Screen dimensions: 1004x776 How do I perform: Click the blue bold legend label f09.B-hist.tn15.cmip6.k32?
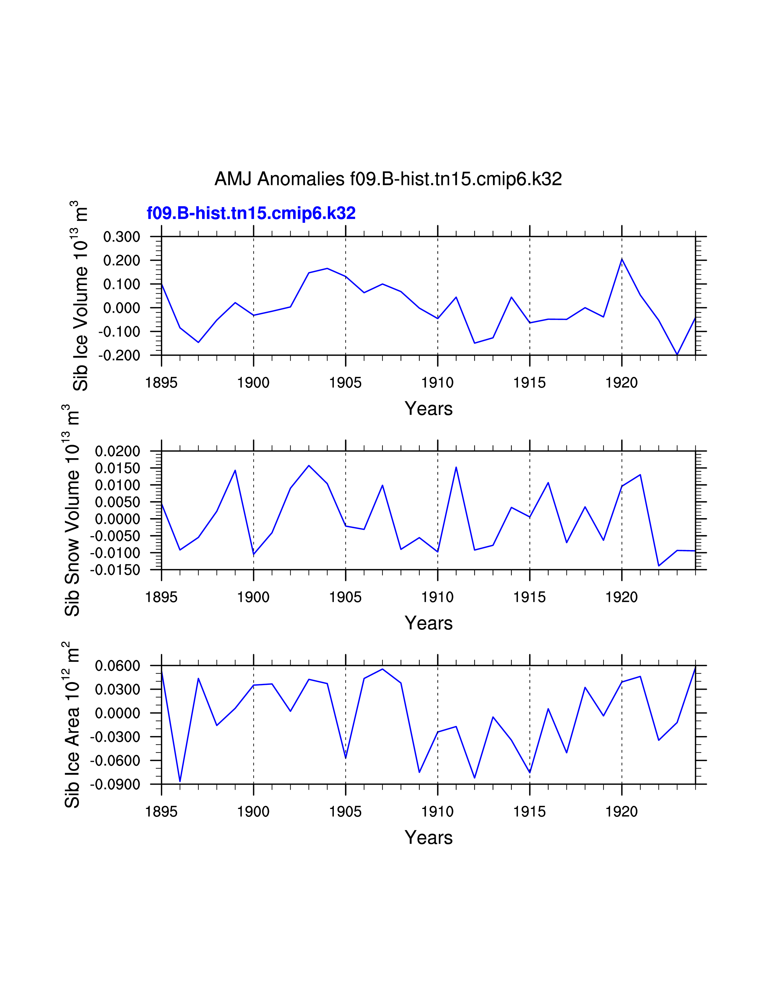point(251,213)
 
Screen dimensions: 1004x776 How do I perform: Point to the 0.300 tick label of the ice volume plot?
point(122,237)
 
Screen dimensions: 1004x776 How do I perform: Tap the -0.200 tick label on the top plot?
point(119,355)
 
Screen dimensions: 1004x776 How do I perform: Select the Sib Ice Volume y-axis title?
point(80,296)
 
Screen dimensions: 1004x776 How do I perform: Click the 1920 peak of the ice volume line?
point(622,259)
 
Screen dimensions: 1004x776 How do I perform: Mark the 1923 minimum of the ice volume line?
point(677,354)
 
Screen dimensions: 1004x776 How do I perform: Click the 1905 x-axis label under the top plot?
point(345,382)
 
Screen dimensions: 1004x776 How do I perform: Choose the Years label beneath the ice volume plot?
point(428,409)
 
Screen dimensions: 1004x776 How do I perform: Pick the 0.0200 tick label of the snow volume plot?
point(118,451)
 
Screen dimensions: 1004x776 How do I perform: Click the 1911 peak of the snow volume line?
point(456,468)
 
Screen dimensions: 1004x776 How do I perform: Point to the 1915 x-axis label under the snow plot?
point(530,597)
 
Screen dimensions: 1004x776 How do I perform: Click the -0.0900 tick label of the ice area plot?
point(115,785)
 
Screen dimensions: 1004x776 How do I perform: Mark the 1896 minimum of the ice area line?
point(180,781)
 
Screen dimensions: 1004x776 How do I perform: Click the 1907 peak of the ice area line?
point(383,669)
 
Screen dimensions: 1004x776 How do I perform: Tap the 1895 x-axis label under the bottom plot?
point(161,812)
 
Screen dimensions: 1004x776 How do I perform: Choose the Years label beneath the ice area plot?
point(428,838)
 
